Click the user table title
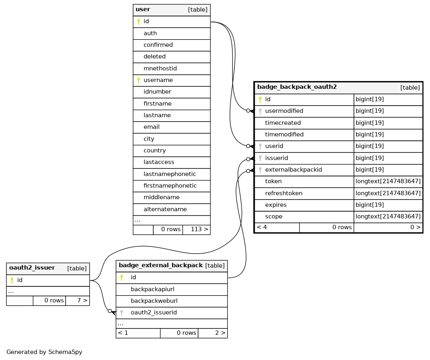[x=143, y=9]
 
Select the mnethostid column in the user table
[x=160, y=68]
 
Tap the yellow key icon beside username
[x=138, y=80]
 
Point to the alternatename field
[x=165, y=209]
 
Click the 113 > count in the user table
[x=199, y=229]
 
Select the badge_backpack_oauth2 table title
[x=297, y=87]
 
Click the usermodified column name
[x=284, y=111]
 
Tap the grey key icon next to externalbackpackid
[x=260, y=170]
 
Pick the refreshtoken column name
[x=284, y=193]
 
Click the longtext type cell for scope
[x=388, y=217]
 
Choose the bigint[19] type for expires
[x=370, y=205]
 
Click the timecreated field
[x=283, y=123]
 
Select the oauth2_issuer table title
[x=32, y=268]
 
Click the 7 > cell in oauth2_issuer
[x=82, y=300]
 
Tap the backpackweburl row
[x=154, y=301]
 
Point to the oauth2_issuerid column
[x=154, y=312]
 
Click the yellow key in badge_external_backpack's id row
[x=122, y=278]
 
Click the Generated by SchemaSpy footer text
[x=44, y=352]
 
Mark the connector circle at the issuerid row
[x=248, y=159]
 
